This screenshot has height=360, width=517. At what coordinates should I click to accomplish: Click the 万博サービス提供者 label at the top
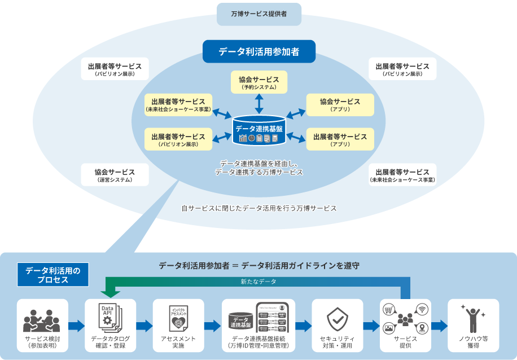click(259, 14)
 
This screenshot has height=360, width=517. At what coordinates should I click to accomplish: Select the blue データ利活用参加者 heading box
click(259, 51)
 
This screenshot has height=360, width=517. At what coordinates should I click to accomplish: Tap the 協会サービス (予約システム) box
click(259, 82)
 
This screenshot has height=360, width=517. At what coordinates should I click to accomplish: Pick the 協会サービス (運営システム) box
click(115, 175)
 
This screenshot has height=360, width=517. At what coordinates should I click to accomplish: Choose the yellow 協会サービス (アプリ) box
click(340, 105)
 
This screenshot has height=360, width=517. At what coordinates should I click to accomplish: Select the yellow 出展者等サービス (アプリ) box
click(340, 139)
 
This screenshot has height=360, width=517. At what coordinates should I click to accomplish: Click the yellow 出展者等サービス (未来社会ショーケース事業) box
click(178, 105)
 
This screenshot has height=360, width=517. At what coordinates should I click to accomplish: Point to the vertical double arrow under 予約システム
click(259, 103)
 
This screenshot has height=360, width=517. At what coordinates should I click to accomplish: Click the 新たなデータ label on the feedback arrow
click(258, 281)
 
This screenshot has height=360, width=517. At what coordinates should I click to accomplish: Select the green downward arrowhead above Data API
click(109, 293)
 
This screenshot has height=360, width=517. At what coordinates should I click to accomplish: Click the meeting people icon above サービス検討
click(42, 321)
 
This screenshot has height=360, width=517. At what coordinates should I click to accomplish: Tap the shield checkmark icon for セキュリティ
click(338, 319)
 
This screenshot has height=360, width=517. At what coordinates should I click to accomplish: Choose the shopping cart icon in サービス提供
click(389, 309)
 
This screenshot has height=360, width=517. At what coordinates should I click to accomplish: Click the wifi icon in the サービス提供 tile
click(422, 309)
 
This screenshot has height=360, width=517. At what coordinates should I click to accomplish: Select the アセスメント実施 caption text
click(178, 342)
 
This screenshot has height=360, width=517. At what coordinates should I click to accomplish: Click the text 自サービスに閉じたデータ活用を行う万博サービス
click(259, 208)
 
